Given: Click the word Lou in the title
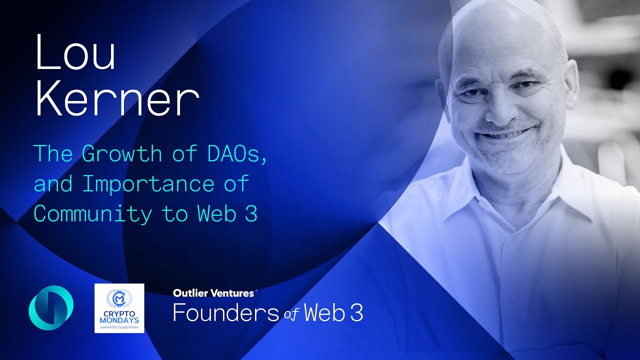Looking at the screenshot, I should (75, 53).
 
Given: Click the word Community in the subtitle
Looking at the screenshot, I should (92, 214).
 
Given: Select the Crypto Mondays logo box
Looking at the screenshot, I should (119, 308).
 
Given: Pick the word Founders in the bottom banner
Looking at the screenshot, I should (225, 313).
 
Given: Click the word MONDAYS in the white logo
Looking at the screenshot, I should (119, 318).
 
